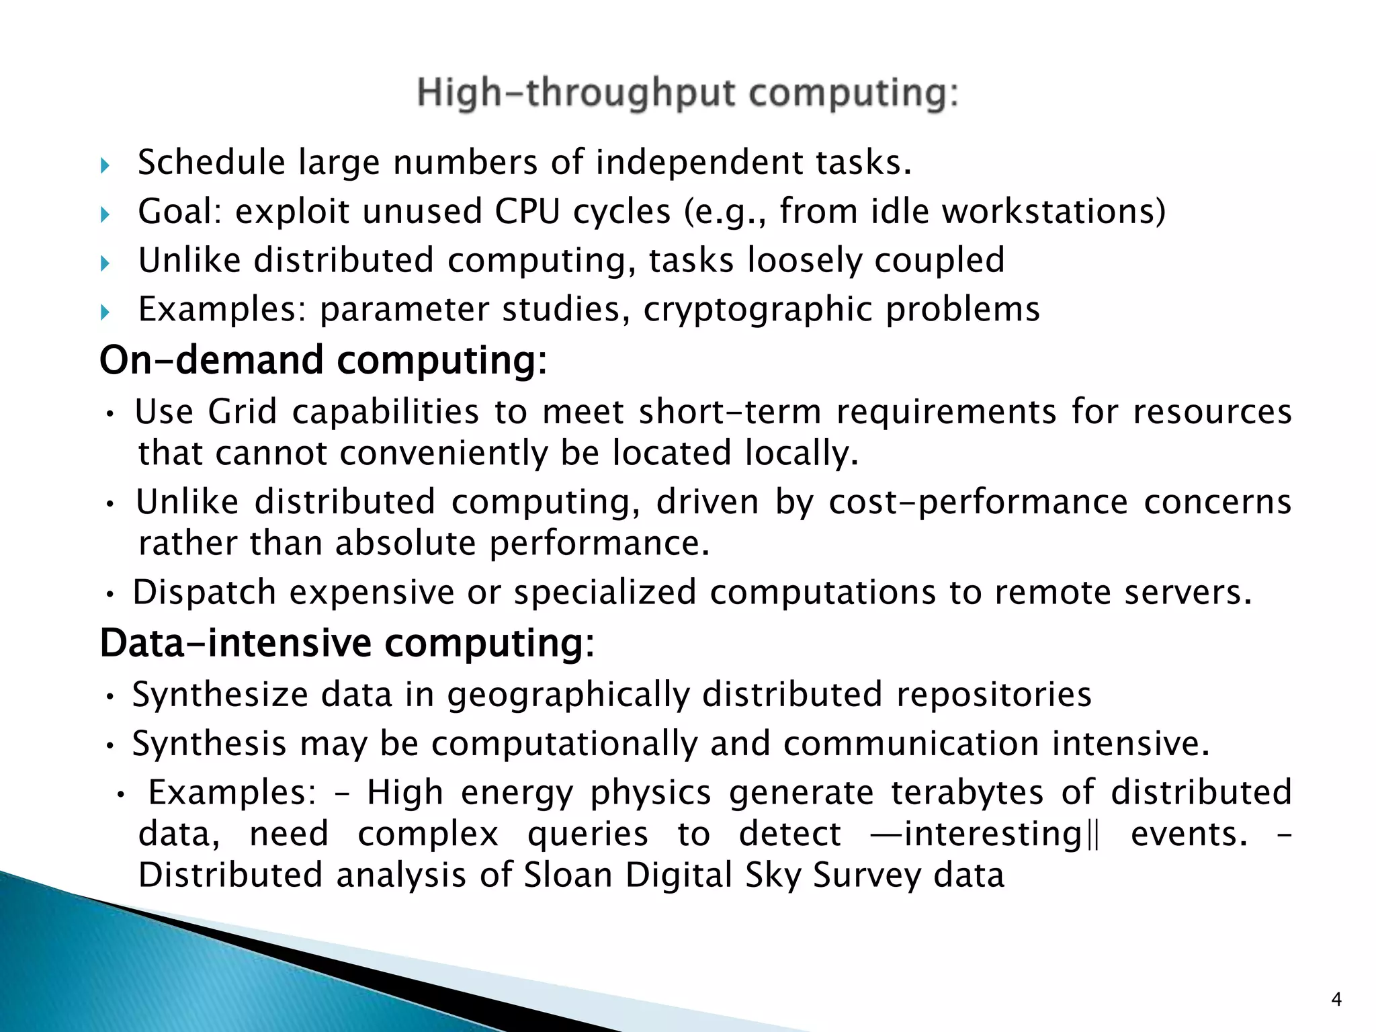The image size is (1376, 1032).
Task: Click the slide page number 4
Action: pyautogui.click(x=1336, y=1000)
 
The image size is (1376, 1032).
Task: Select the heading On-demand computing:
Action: pyautogui.click(x=323, y=360)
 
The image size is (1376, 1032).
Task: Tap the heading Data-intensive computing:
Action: pyautogui.click(x=347, y=643)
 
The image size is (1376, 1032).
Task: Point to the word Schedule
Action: pyautogui.click(x=212, y=163)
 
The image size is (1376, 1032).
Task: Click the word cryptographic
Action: pyautogui.click(x=757, y=310)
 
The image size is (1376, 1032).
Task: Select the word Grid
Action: pyautogui.click(x=243, y=411)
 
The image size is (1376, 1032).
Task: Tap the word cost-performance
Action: pyautogui.click(x=978, y=502)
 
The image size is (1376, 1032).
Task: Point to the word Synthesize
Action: pyautogui.click(x=219, y=695)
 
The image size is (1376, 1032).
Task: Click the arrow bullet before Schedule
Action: pyautogui.click(x=105, y=165)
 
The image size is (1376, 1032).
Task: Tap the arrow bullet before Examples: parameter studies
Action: pyautogui.click(x=105, y=312)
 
